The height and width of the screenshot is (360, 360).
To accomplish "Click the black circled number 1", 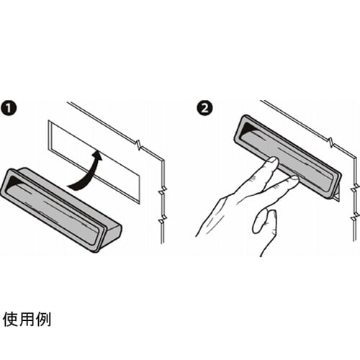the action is pyautogui.click(x=9, y=108).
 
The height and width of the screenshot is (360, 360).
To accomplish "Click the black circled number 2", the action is pyautogui.click(x=204, y=108).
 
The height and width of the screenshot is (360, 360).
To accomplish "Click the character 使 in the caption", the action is pyautogui.click(x=11, y=320).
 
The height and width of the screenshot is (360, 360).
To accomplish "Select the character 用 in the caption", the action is pyautogui.click(x=27, y=320).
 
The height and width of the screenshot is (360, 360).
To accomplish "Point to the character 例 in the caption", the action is pyautogui.click(x=43, y=320).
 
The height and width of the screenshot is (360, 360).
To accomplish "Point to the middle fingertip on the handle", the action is pyautogui.click(x=294, y=179).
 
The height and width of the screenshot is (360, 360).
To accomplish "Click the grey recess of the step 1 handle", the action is pyautogui.click(x=53, y=210).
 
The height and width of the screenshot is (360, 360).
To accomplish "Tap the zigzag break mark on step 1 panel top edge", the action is pyautogui.click(x=139, y=145).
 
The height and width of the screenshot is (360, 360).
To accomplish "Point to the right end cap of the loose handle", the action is pyautogui.click(x=113, y=236).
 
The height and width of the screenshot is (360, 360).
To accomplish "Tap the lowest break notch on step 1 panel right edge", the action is pyautogui.click(x=163, y=219).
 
